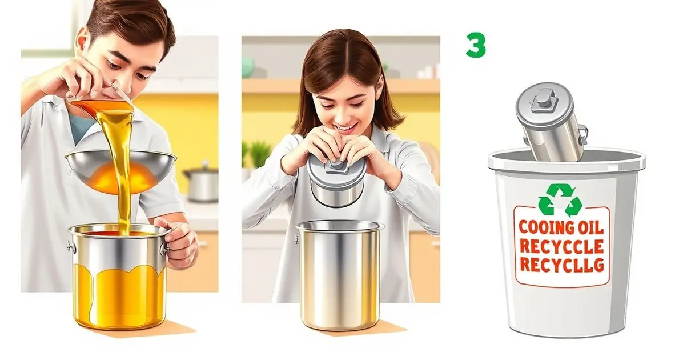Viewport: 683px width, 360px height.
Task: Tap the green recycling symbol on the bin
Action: [560, 200]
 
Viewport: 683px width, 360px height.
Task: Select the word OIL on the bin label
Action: [588, 227]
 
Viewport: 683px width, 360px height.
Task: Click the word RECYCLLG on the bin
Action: [561, 264]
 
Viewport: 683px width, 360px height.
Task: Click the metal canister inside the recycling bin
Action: [551, 122]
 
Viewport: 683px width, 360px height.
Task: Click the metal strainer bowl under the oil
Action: [120, 170]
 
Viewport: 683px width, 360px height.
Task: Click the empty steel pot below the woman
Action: [340, 275]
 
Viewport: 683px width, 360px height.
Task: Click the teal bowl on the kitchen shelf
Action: [248, 67]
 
